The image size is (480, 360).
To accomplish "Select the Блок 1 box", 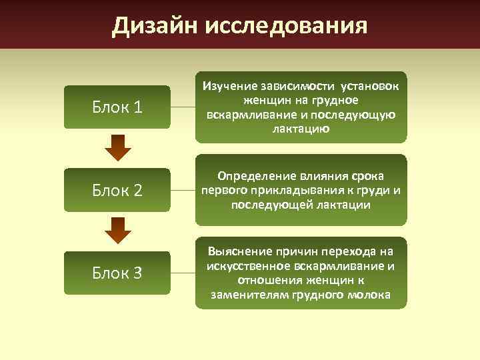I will coord(117,107).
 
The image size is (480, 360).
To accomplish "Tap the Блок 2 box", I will coord(117,190).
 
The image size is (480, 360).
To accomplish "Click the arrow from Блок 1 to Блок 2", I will coord(117,147).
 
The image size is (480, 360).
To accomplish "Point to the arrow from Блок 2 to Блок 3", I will coord(117,230).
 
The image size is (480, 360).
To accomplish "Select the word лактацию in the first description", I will coord(300,129).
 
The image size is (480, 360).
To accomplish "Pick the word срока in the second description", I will coord(367,177).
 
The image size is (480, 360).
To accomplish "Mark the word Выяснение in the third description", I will coord(238,253).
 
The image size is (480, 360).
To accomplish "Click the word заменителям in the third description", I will coord(249,295).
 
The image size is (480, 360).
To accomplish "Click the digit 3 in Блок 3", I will coord(137,273).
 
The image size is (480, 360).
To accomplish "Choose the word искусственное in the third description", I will coord(246,267).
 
